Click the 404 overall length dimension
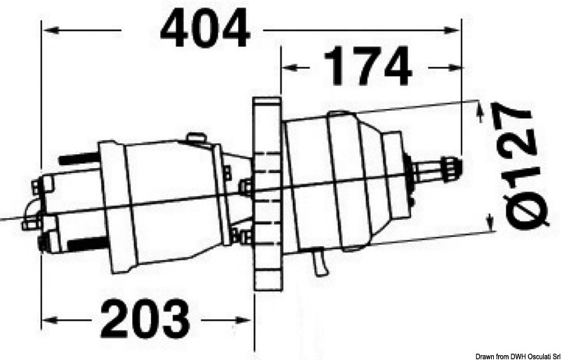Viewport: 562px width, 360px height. click(205, 30)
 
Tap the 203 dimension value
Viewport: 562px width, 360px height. click(145, 319)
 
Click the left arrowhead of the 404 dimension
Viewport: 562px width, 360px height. click(48, 30)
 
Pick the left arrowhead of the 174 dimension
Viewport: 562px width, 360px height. click(286, 67)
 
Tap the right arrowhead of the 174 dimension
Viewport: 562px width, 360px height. click(457, 67)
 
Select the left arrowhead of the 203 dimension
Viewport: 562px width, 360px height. click(48, 320)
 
